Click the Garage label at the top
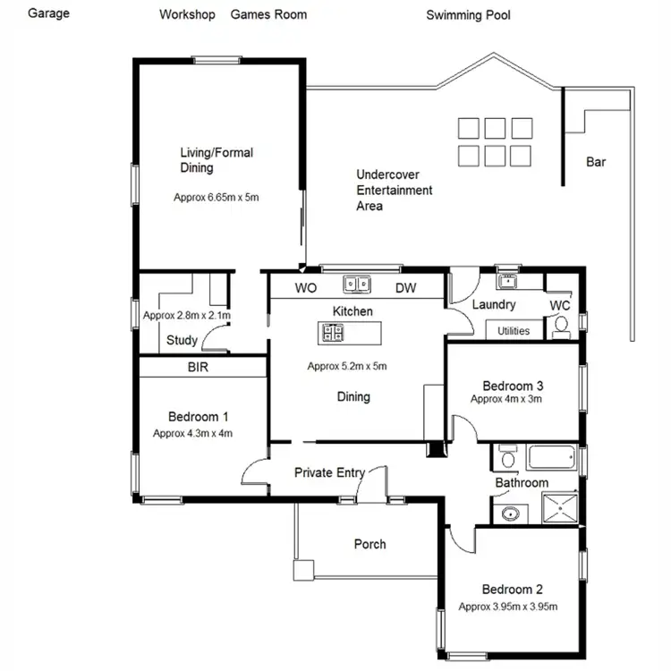(x=48, y=14)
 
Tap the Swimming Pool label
(x=469, y=15)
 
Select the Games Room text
(x=268, y=14)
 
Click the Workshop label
(x=187, y=14)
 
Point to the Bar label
(x=596, y=162)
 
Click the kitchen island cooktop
(x=332, y=333)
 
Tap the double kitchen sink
(x=356, y=285)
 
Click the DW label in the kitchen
(x=405, y=288)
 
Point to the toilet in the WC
(x=562, y=328)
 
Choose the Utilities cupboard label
(x=513, y=331)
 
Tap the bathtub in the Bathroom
(x=555, y=459)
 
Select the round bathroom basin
(x=509, y=514)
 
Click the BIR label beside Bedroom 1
(x=199, y=367)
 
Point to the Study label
(x=183, y=340)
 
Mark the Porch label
(x=369, y=544)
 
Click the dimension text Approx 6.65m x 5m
(x=216, y=197)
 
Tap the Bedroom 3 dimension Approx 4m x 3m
(x=506, y=399)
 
